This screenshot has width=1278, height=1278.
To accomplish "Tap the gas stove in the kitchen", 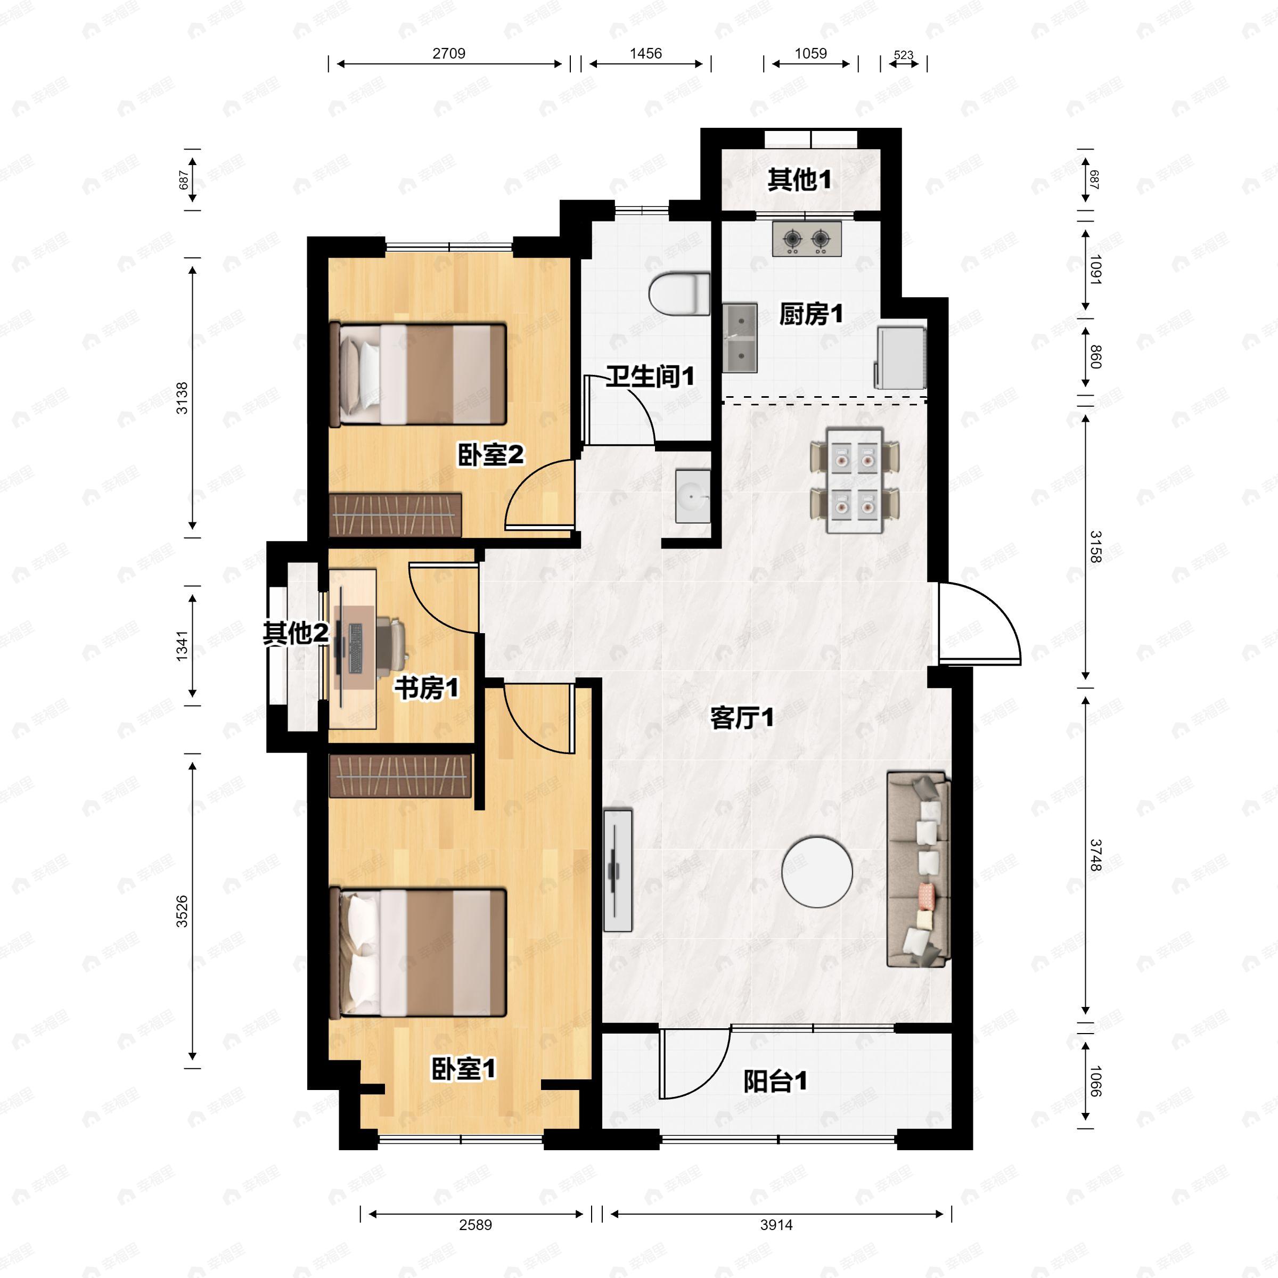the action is (x=806, y=238).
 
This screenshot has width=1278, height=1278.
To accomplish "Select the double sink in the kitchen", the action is (x=740, y=338).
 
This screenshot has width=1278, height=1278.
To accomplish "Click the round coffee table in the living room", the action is (x=816, y=872).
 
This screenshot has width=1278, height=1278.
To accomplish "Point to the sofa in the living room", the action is (x=918, y=869).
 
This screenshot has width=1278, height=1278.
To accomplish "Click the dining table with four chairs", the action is (x=855, y=481).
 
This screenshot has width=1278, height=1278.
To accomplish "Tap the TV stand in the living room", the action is (x=618, y=870).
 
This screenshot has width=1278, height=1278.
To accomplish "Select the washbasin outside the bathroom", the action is (x=692, y=496).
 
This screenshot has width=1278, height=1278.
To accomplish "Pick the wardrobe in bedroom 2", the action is (x=395, y=514).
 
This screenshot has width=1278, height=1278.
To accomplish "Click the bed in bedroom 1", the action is (x=418, y=953).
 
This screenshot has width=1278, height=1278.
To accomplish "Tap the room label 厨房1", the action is (x=811, y=314).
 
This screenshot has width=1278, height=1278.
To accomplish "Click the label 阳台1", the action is (x=775, y=1082).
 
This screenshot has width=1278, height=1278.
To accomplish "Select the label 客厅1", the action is (x=742, y=718).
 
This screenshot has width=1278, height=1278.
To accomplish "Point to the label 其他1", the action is (x=799, y=179).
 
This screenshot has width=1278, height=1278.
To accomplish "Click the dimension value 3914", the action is (x=776, y=1225).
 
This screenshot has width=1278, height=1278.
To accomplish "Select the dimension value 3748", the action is (x=1095, y=855).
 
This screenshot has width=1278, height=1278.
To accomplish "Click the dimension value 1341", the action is (x=182, y=645).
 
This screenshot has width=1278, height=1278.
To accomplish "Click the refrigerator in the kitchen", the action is (x=900, y=357).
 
